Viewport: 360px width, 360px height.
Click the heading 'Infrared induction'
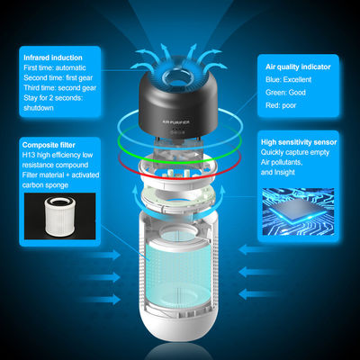pos(53,58)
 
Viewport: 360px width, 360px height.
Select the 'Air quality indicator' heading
pos(298,67)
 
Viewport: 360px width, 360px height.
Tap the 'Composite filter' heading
pos(49,145)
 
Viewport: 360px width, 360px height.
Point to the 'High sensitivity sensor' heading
pos(299,142)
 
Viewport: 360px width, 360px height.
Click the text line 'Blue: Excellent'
pos(288,79)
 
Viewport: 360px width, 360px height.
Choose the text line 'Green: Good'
pos(285,93)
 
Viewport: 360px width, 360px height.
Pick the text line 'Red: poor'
pos(281,105)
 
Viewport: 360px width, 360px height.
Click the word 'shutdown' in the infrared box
pos(39,108)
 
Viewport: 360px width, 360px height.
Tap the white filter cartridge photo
pos(59,215)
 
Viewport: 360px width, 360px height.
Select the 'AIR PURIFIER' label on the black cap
pos(175,122)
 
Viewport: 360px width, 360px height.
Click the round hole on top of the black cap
pos(175,76)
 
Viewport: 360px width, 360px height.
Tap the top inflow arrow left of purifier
pos(102,255)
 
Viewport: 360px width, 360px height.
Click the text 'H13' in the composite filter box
pos(29,155)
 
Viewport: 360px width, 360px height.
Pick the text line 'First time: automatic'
pos(55,67)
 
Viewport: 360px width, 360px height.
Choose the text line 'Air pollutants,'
pos(282,162)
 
